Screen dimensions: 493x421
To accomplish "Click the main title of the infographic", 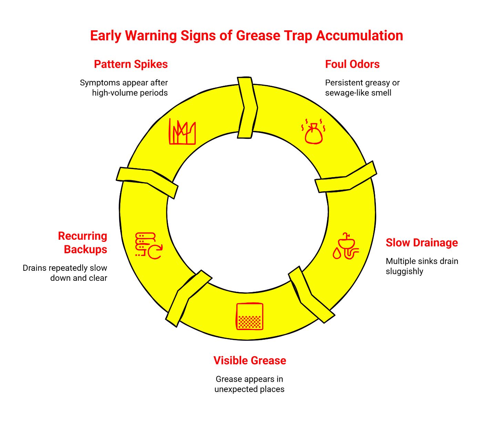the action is [x=246, y=35].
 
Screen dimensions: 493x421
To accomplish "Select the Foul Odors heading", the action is [x=352, y=64].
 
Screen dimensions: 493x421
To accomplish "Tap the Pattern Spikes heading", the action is [x=131, y=64].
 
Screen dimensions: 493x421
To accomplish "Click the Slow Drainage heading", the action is [x=422, y=243].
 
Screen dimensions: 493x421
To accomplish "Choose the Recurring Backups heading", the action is [x=83, y=243].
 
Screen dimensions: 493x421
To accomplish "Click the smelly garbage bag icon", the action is [x=313, y=131].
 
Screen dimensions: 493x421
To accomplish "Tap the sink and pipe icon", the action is [x=346, y=246].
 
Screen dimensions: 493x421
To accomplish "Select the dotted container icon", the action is [x=249, y=316].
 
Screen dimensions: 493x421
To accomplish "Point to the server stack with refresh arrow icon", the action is [x=149, y=246].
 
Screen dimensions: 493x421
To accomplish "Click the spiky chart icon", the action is [x=182, y=131].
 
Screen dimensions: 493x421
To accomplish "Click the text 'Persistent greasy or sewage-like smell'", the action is [x=362, y=88].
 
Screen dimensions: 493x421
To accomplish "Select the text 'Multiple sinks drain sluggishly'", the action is [x=422, y=266].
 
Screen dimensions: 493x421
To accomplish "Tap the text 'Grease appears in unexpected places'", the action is [x=249, y=384].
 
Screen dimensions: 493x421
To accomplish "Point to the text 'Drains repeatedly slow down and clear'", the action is [x=65, y=273].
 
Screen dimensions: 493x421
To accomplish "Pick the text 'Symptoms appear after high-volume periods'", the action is [x=124, y=88].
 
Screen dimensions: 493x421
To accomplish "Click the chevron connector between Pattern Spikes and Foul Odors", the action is [x=247, y=107].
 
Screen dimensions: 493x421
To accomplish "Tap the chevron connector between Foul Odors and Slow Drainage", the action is [x=346, y=177].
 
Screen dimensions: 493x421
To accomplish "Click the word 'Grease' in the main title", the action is [x=258, y=35].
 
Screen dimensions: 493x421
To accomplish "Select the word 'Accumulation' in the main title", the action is [x=359, y=35].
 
